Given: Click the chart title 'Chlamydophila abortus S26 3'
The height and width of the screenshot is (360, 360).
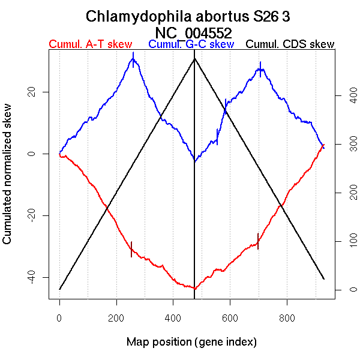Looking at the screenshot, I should click(188, 16).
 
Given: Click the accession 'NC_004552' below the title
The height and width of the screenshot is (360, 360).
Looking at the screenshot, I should click(193, 32).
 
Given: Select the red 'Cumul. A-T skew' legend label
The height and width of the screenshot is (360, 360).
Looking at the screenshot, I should click(91, 44).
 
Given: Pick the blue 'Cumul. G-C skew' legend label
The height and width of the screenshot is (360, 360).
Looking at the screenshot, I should click(191, 44).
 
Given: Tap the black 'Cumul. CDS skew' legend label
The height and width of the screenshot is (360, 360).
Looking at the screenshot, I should click(290, 44).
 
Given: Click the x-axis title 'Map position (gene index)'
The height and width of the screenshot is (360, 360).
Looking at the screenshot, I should click(191, 342).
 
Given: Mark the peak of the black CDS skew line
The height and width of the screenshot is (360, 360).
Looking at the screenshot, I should click(194, 58).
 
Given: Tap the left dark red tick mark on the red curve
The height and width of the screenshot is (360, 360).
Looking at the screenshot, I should click(131, 249).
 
